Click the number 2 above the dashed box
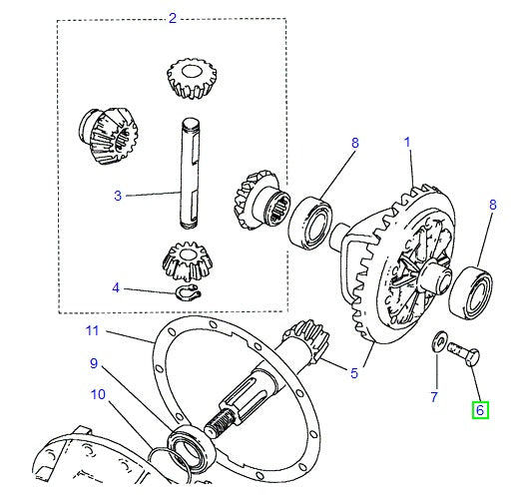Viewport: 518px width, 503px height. click(x=172, y=18)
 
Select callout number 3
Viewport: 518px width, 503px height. click(x=117, y=196)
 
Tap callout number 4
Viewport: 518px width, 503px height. click(x=116, y=288)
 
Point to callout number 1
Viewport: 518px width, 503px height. click(x=407, y=144)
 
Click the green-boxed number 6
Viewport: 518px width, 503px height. click(x=479, y=409)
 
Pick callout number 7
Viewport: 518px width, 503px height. click(x=434, y=396)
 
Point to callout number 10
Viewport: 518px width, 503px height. click(x=97, y=393)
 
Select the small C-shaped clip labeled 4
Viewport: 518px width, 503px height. click(x=189, y=291)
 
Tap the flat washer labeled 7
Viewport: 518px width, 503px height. click(x=438, y=343)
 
